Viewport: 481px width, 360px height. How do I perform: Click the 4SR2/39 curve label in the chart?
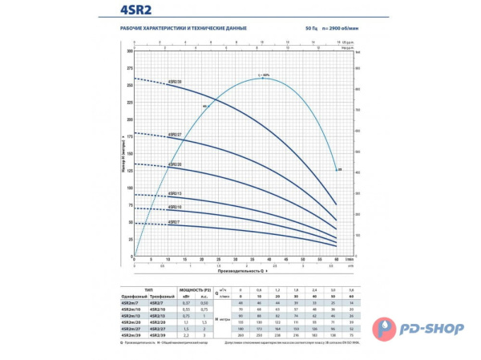(x=176, y=82)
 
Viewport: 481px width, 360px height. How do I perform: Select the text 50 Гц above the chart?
(x=311, y=29)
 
